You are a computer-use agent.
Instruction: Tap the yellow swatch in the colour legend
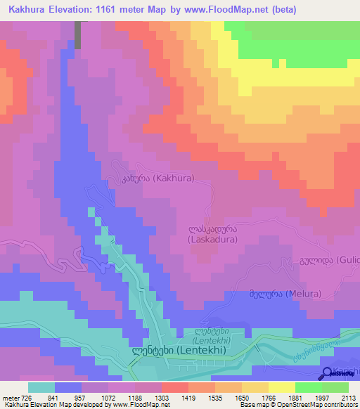coord(282,387)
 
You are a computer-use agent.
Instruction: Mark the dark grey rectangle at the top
coord(78,34)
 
